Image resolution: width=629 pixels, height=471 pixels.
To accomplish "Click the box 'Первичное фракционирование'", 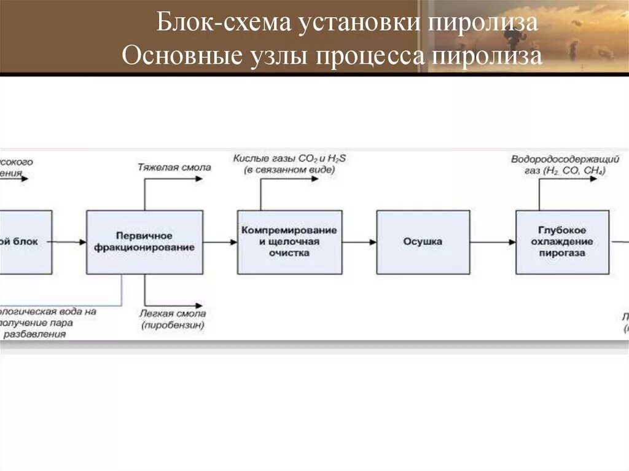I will [144, 242].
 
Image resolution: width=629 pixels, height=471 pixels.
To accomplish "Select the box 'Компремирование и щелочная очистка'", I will [289, 242].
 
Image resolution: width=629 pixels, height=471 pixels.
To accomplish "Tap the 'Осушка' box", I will [423, 242].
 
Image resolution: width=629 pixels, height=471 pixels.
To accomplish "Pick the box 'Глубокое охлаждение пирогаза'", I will [562, 242].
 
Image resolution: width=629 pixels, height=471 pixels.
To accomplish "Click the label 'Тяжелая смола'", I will [174, 167].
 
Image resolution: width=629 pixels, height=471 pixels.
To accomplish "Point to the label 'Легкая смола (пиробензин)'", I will [173, 319].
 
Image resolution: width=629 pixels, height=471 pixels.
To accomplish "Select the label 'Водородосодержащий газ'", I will [558, 165].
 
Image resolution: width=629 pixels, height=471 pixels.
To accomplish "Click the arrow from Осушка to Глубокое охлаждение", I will [493, 242].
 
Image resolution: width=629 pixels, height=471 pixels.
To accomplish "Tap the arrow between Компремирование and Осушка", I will [359, 242].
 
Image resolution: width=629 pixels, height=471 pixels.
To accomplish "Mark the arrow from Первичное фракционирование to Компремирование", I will [220, 242].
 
